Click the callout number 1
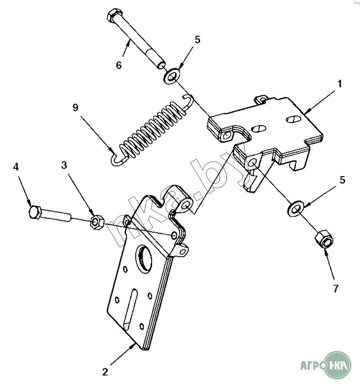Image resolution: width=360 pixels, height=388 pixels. [340, 83]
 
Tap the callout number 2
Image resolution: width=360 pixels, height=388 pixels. [105, 372]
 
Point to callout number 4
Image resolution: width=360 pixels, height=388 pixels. [16, 167]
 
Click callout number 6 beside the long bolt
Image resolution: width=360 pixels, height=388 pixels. [118, 65]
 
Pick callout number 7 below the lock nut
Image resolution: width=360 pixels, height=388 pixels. [335, 288]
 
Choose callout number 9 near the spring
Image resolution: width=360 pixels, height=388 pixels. [75, 108]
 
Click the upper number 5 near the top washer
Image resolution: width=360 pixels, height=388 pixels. [197, 40]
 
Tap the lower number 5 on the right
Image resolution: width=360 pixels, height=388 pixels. [342, 180]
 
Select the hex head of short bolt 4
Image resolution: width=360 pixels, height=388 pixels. [34, 213]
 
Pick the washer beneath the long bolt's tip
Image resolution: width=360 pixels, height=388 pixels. [171, 78]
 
